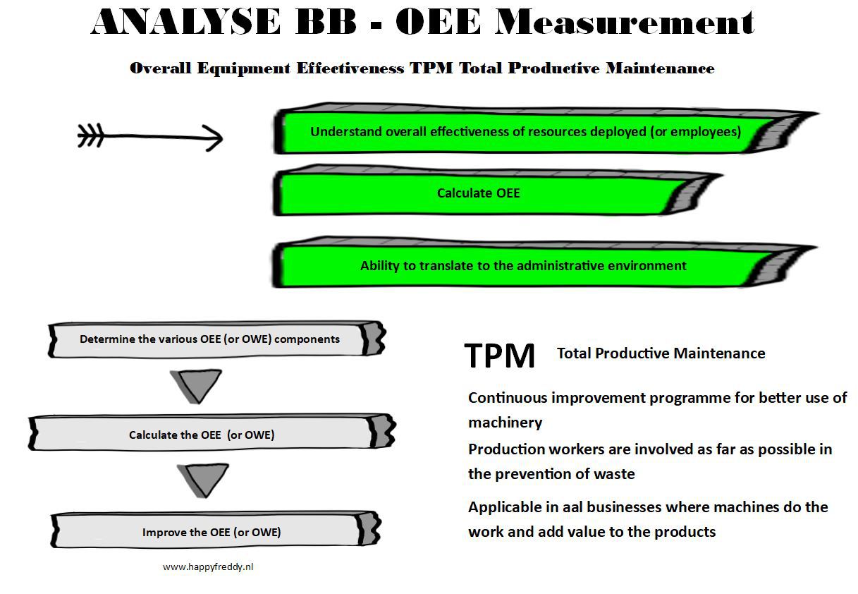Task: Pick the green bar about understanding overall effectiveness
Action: click(x=525, y=132)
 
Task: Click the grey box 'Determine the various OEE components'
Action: click(x=209, y=339)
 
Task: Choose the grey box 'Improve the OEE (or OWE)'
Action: click(x=212, y=532)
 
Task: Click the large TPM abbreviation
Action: click(x=500, y=356)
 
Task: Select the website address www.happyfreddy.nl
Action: click(x=207, y=566)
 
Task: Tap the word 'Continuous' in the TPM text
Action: click(x=508, y=398)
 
